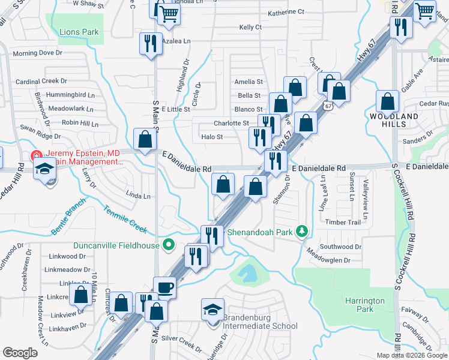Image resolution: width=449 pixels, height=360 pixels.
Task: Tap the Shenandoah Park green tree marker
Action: coord(303,231)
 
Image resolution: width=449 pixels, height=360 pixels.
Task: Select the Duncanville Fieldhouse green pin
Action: coord(169,245)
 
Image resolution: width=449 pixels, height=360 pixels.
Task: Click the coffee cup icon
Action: coord(164,288)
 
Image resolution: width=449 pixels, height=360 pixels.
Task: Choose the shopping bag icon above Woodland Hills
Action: coord(388,101)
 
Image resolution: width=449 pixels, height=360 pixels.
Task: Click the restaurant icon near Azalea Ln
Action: coord(149,43)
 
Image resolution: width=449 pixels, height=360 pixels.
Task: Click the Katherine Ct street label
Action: coord(286,12)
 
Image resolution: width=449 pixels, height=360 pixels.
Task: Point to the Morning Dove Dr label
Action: coord(38,53)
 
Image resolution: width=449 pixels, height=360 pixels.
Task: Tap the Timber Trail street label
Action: coord(343,222)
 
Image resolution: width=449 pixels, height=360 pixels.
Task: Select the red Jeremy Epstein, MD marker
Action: coord(37,156)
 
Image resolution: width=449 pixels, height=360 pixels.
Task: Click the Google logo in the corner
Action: coord(20,353)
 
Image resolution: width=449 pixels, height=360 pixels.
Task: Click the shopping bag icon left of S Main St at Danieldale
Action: coord(145,139)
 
